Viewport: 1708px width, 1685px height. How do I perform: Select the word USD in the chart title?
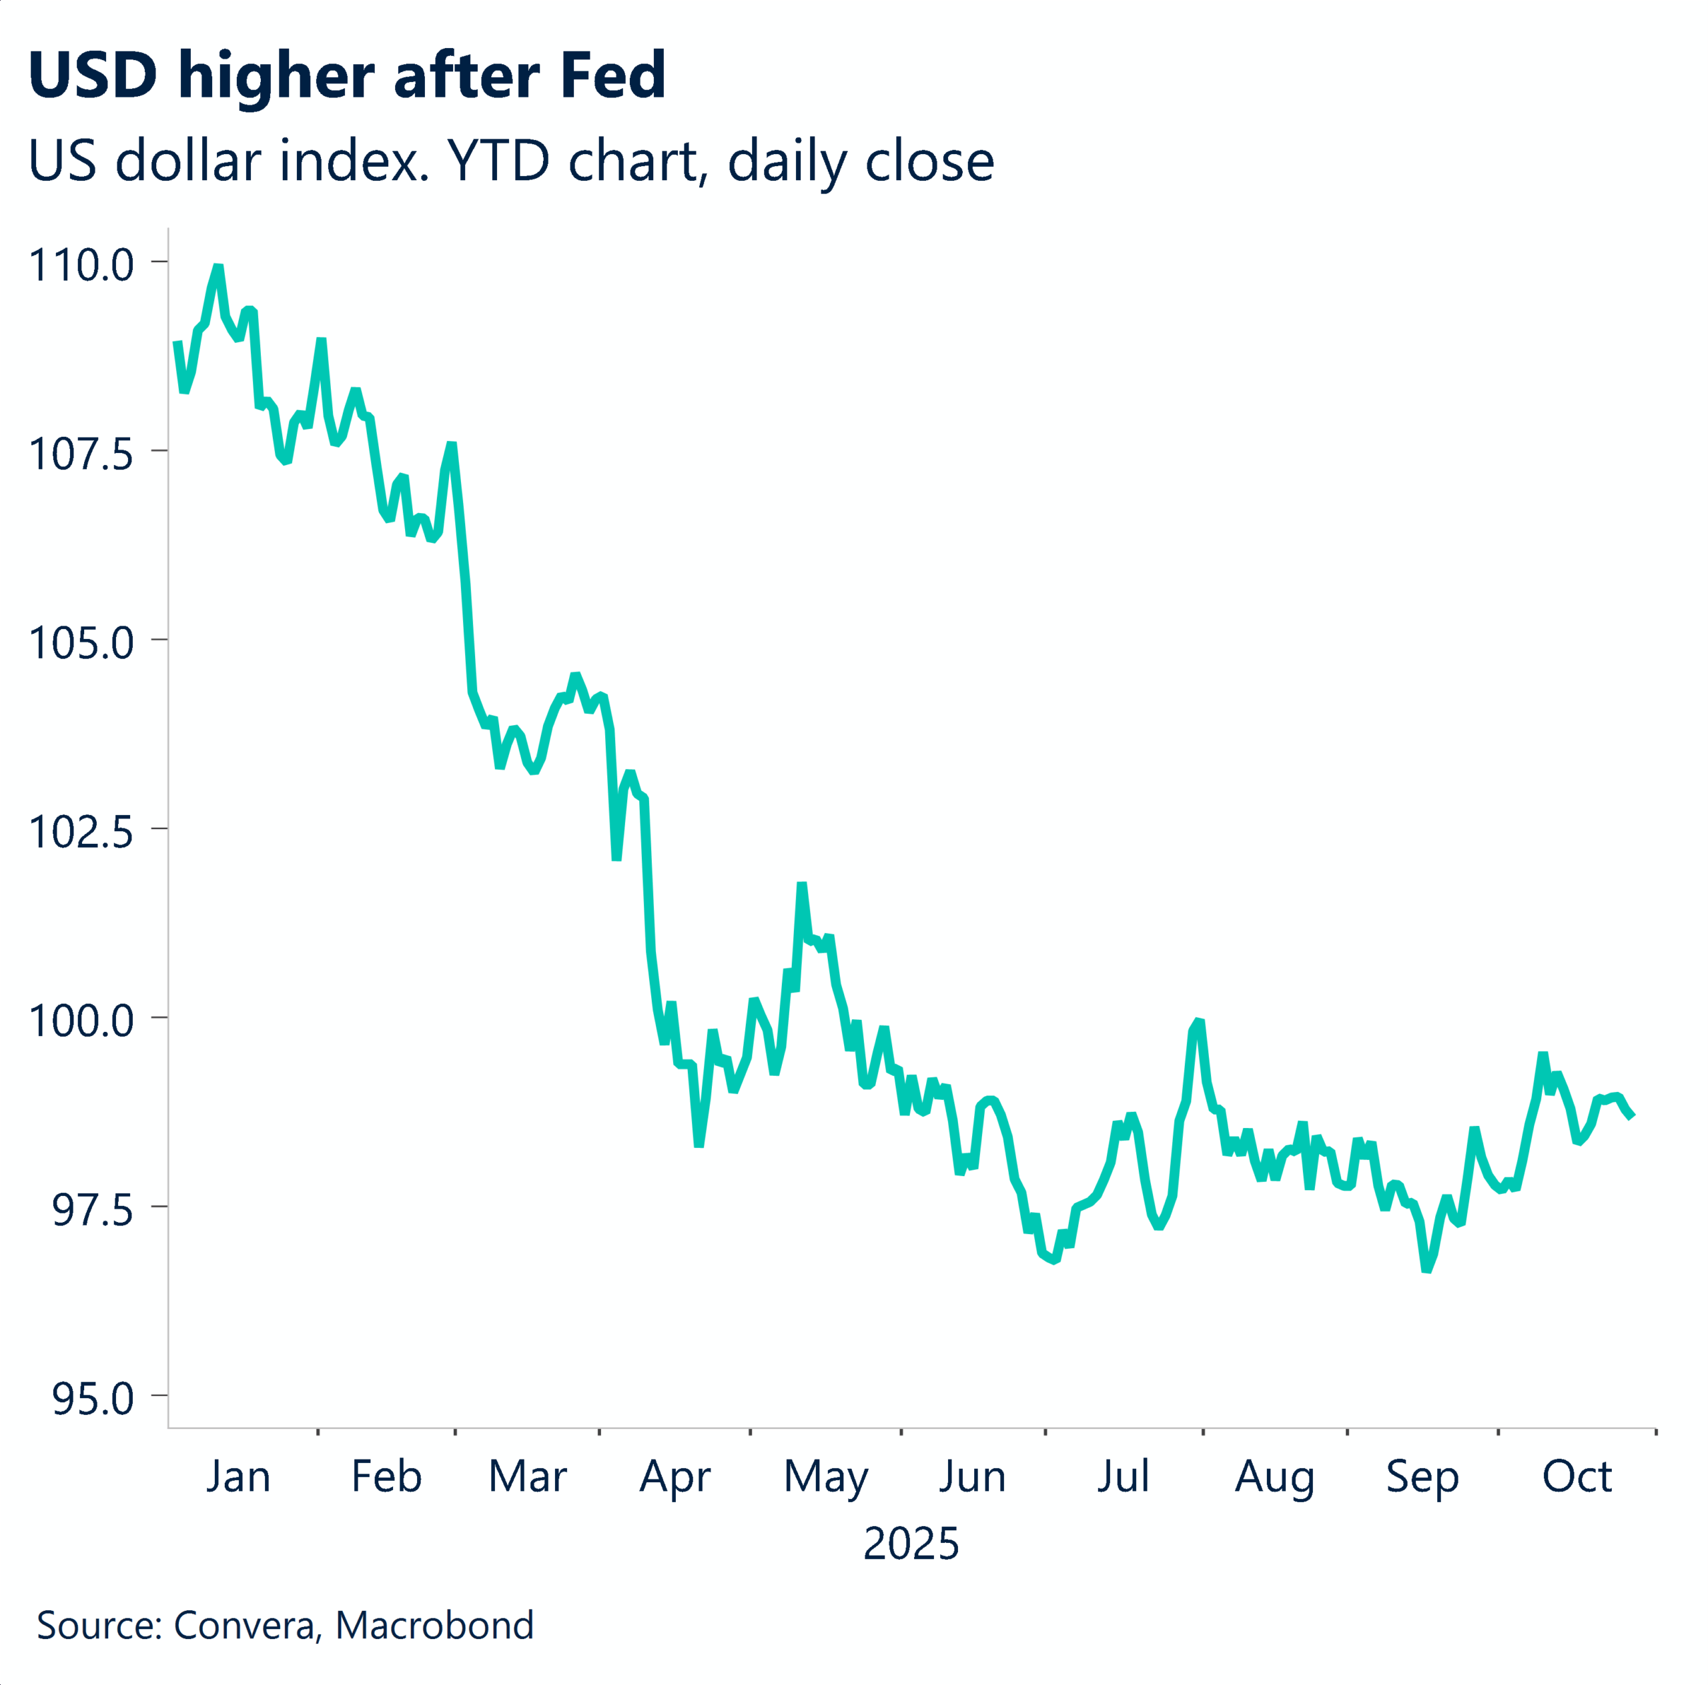coord(93,76)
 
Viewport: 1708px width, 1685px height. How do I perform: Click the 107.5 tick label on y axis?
coord(81,454)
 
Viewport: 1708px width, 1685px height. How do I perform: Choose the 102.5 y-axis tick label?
coord(81,832)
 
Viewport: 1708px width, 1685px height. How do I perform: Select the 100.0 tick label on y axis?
coord(81,1021)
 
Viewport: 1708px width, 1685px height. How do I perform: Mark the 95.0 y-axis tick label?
coord(92,1399)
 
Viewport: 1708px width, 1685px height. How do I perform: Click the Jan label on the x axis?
coord(238,1476)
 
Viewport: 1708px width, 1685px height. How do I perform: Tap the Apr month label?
coord(675,1476)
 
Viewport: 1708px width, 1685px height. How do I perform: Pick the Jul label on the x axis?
coord(1123,1476)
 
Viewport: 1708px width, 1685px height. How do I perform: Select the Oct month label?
coord(1577,1476)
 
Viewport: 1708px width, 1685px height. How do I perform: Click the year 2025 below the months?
coord(911,1544)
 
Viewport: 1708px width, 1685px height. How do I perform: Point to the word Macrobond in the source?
coord(435,1625)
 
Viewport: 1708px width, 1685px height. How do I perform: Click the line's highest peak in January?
coord(218,267)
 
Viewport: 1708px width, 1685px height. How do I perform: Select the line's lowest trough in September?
coord(1426,1269)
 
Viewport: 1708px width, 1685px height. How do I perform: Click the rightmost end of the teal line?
coord(1632,1116)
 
